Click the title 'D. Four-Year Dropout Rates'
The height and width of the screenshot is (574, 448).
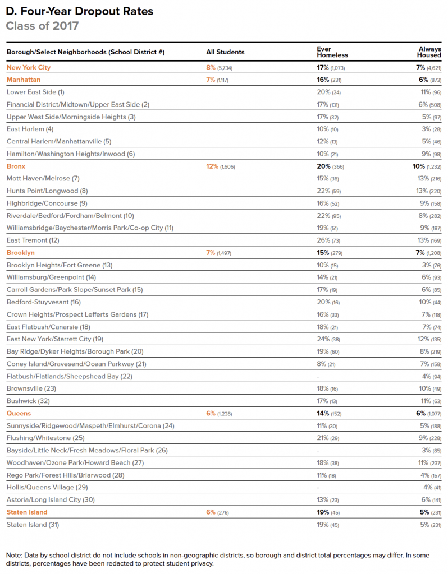[x=79, y=11]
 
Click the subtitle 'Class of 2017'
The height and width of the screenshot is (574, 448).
[x=42, y=26]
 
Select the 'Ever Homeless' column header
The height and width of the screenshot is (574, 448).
[x=332, y=52]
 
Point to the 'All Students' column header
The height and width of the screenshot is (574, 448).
[x=225, y=52]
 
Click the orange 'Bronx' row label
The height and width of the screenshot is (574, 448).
[x=16, y=166]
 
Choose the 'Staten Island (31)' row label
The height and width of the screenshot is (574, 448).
[x=33, y=525]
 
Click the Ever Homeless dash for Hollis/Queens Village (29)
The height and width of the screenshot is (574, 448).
[x=318, y=488]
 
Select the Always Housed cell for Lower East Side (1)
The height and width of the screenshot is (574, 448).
[x=429, y=92]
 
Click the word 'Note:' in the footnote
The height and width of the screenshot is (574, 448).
[x=14, y=555]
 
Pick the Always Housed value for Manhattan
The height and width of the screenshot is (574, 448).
[x=430, y=80]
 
